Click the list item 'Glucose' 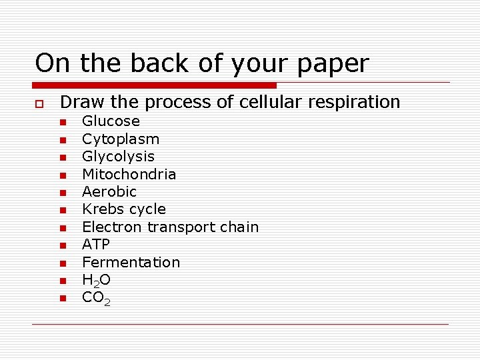pyautogui.click(x=111, y=121)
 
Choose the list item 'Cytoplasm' pyautogui.click(x=121, y=139)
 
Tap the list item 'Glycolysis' pyautogui.click(x=118, y=157)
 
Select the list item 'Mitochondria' pyautogui.click(x=129, y=174)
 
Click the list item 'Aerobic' pyautogui.click(x=109, y=192)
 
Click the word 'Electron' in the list pyautogui.click(x=112, y=227)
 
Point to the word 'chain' pyautogui.click(x=239, y=227)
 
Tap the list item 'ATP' pyautogui.click(x=96, y=245)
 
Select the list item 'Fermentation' pyautogui.click(x=131, y=262)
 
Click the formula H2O pyautogui.click(x=97, y=281)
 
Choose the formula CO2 pyautogui.click(x=97, y=298)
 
